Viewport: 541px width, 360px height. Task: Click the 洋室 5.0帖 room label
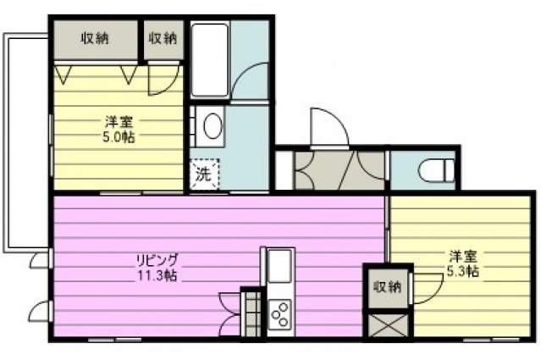tap(118, 130)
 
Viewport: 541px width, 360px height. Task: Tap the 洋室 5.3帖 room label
tap(463, 263)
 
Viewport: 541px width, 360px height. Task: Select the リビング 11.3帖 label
tap(157, 267)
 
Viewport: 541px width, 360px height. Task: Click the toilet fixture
tap(437, 170)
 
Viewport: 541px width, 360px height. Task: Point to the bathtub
tap(210, 60)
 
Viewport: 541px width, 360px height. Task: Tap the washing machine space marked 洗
tap(204, 174)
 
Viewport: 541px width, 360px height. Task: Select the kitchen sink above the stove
tap(279, 266)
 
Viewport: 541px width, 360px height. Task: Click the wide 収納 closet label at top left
tap(95, 38)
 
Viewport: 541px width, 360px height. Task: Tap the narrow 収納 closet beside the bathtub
tap(163, 39)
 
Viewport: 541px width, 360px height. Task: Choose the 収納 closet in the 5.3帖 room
tap(388, 287)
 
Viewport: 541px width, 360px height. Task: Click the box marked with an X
tap(388, 324)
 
